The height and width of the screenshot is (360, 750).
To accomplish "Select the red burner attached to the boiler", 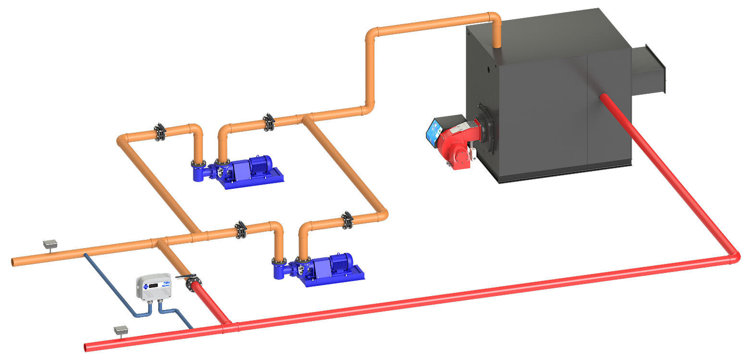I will point(457,142).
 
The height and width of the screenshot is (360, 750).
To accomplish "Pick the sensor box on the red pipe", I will point(121,330).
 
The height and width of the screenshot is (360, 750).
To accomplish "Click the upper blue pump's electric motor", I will point(257,166).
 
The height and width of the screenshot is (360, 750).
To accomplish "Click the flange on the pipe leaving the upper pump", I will point(268,123).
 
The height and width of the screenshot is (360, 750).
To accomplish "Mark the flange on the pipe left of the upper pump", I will point(160,132).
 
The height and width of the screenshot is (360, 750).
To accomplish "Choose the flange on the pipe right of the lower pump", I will point(347,220).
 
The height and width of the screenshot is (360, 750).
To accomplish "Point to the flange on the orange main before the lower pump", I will point(240,230).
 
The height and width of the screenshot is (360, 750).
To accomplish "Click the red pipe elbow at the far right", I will point(734,257).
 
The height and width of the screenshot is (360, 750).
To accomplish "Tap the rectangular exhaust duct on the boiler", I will point(649,70).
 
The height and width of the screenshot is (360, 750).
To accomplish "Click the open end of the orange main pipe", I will point(13,262).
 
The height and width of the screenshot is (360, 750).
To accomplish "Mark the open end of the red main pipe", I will point(86,347).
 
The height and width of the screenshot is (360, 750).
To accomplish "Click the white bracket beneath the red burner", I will point(474,154).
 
